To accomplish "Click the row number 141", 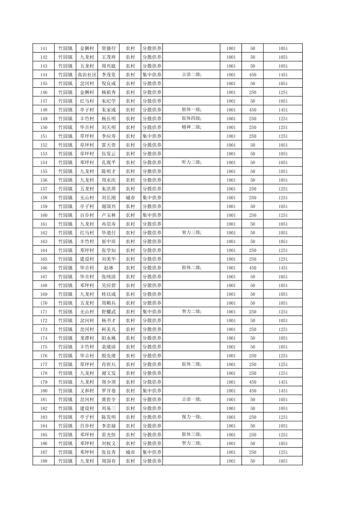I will pos(44,49).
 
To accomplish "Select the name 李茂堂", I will pos(109,75).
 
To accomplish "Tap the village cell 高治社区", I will pos(87,75).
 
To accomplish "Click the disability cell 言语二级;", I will pos(191,75).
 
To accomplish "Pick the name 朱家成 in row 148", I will pos(109,110).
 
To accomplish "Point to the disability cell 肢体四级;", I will pos(191,119).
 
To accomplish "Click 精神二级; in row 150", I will pos(191,127).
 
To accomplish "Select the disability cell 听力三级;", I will pos(191,162).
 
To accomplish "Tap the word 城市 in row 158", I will pos(130,198).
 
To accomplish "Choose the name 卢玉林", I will pos(109,215).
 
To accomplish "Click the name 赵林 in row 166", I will pos(109,268).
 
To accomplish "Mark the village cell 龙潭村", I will pos(87,338).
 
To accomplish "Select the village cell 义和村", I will pos(87,391).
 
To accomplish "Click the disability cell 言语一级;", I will pos(191,399).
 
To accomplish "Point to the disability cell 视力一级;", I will pos(191,417).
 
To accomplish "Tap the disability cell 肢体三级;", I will pos(191,435).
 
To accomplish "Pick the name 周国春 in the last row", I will pos(109,461).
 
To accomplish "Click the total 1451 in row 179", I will pos(283,382).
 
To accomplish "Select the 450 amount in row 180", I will pos(252,391).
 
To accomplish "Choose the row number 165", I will pos(44,259).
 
